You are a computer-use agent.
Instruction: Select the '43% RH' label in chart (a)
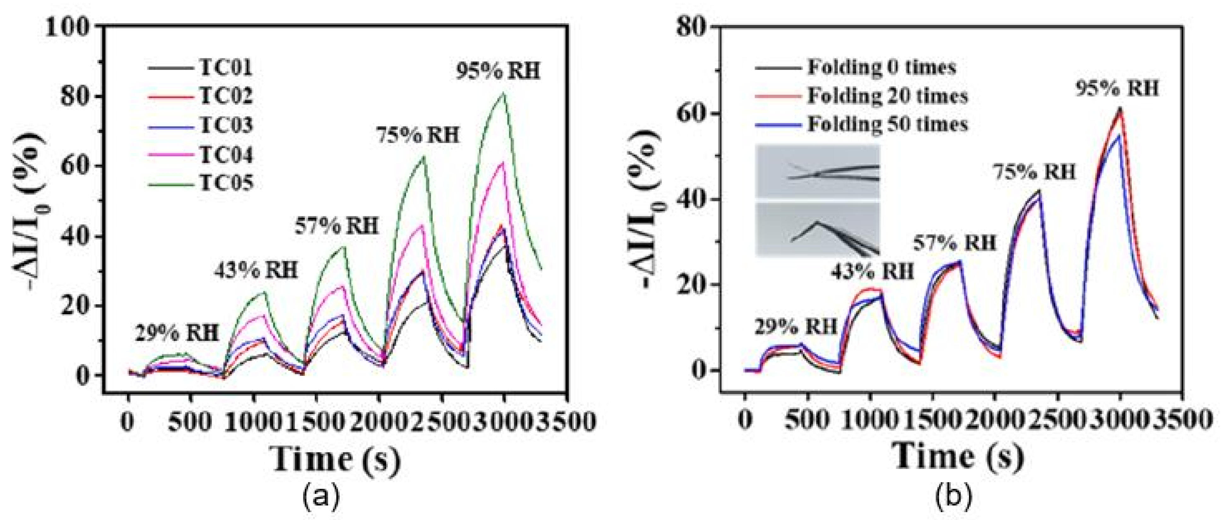coord(256,271)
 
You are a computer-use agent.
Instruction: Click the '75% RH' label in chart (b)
coord(1034,172)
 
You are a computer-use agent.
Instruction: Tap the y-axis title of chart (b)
coord(655,209)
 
